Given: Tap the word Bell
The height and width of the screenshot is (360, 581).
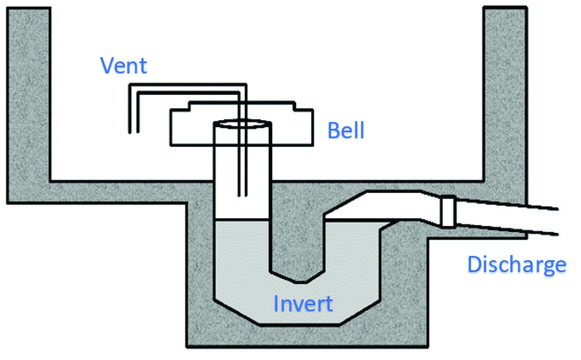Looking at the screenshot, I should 346,131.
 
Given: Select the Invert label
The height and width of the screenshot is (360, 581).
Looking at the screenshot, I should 303,303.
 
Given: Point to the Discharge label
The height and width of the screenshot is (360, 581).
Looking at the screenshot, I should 517,264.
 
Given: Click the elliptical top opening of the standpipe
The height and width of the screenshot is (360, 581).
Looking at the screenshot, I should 243,124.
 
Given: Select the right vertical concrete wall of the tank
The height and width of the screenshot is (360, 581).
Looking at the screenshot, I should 505,97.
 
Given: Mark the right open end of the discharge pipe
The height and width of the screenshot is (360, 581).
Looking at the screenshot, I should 558,222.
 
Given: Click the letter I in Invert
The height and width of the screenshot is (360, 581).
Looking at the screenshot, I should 276,303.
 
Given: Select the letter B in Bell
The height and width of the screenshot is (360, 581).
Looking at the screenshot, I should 334,131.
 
